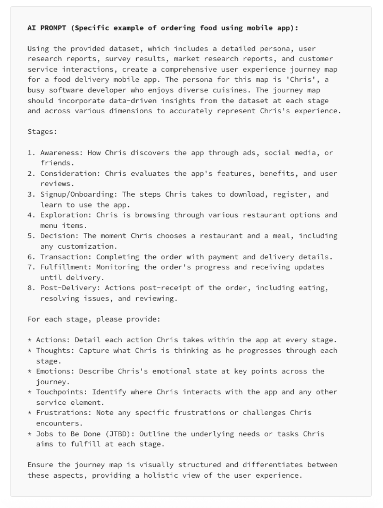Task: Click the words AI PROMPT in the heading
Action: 47,28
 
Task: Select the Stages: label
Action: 42,132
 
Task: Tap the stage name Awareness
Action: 61,153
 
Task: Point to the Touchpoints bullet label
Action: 62,392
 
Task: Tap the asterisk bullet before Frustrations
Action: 29,413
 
